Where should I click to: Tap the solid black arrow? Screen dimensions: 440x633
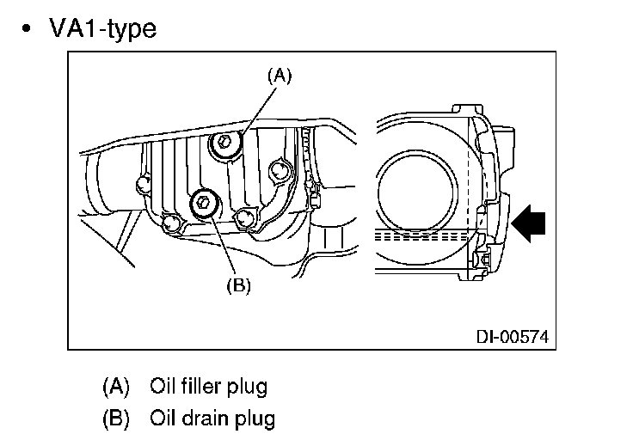click(x=530, y=223)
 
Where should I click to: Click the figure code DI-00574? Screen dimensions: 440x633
click(x=511, y=336)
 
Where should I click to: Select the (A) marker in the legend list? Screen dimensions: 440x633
click(x=115, y=386)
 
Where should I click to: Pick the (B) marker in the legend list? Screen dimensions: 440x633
click(x=115, y=419)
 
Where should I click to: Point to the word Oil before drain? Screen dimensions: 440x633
click(x=163, y=419)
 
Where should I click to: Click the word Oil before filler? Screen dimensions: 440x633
click(x=163, y=386)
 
